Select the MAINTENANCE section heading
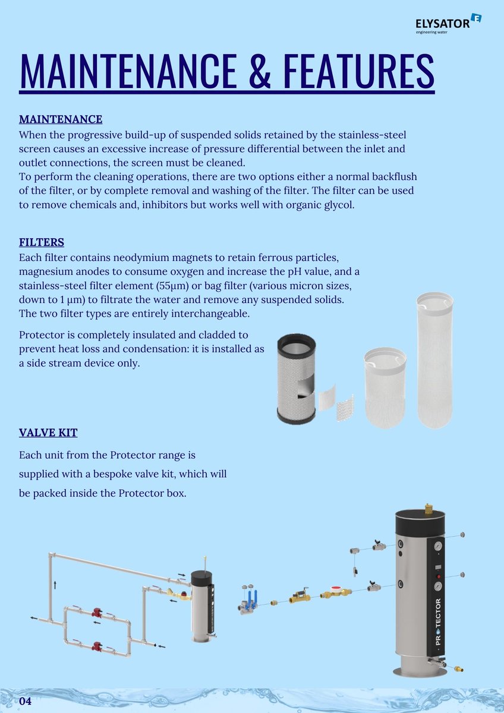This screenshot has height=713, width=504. pos(61,119)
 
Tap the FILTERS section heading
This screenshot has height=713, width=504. pos(42,242)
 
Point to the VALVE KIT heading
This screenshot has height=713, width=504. pos(48,432)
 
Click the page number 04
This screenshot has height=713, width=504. pos(25,701)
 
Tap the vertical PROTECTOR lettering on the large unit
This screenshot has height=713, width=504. pos(438,621)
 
